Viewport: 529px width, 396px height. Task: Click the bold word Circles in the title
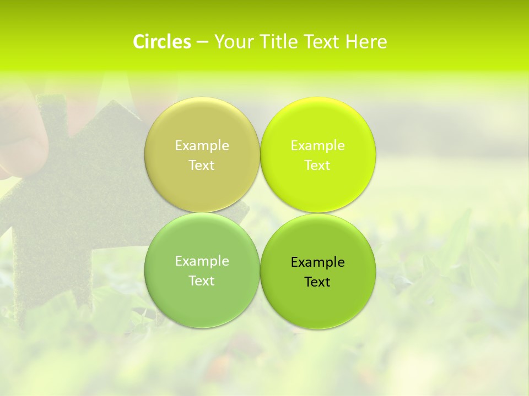tap(162, 42)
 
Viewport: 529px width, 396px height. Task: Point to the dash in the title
tap(202, 42)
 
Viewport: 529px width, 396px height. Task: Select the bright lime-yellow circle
tap(318, 187)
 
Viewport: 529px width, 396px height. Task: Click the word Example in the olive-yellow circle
tap(202, 145)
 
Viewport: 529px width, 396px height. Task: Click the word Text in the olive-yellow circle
tap(202, 165)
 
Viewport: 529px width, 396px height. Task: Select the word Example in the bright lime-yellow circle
tap(318, 145)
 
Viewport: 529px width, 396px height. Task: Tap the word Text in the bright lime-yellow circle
tap(318, 165)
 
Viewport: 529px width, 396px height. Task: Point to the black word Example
tap(318, 262)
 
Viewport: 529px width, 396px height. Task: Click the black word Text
tap(318, 282)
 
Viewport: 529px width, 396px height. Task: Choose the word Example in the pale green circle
tap(202, 261)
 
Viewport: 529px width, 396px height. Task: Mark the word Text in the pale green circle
tap(202, 280)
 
